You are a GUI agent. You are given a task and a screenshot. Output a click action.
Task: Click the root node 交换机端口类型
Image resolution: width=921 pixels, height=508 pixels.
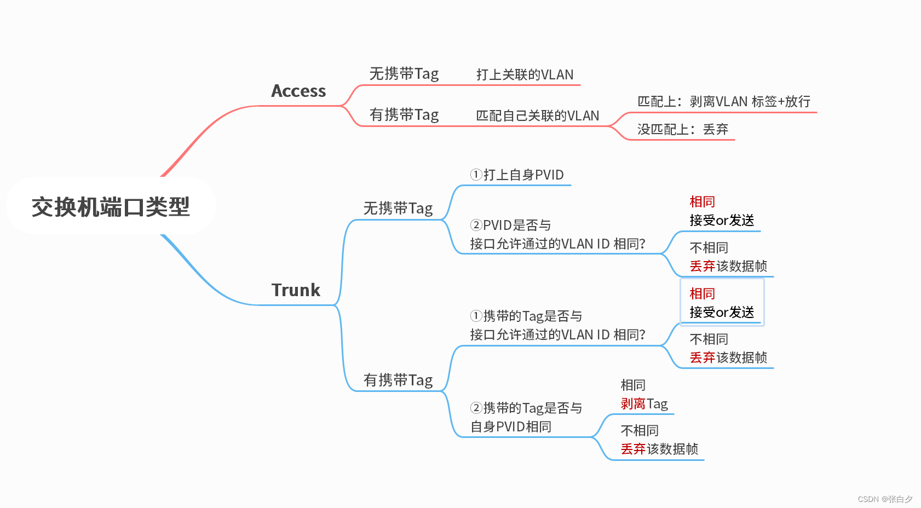tap(111, 207)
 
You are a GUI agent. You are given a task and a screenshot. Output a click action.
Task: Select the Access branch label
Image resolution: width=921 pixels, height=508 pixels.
tap(298, 91)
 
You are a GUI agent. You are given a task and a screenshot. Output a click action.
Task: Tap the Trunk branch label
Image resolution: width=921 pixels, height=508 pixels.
tap(296, 290)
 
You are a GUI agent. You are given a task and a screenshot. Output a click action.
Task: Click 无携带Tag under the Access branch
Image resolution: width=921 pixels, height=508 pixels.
tap(404, 74)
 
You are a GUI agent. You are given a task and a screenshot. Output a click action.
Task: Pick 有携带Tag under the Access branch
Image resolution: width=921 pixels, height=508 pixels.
tap(404, 115)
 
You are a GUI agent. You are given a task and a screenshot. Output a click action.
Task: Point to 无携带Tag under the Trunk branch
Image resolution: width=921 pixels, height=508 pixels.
tap(398, 209)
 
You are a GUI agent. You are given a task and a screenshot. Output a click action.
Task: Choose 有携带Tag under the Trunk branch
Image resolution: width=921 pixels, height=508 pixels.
tap(398, 380)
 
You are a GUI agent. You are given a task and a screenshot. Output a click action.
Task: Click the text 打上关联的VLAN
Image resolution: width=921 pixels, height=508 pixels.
tap(525, 75)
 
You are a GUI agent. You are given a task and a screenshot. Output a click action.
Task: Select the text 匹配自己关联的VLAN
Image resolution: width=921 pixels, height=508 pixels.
tap(537, 116)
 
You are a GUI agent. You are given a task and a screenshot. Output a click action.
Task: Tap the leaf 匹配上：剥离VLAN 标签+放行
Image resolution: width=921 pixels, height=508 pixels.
tap(723, 102)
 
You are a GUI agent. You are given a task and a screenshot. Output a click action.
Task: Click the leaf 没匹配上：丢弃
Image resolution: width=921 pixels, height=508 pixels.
tap(682, 130)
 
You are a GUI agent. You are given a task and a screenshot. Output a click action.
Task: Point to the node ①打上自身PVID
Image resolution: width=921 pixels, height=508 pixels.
tap(517, 175)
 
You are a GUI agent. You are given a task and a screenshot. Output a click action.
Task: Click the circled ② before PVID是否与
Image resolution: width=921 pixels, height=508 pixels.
tap(476, 225)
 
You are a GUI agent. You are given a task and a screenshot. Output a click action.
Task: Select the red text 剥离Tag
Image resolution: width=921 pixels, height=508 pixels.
tap(644, 404)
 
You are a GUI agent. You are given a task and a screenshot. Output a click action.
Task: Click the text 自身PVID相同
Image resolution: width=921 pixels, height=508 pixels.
tap(511, 427)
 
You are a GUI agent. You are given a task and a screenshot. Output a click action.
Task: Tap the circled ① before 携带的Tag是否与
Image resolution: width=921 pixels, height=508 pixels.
tap(476, 316)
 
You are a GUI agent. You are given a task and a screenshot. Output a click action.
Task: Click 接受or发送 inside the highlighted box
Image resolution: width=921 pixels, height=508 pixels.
tap(722, 313)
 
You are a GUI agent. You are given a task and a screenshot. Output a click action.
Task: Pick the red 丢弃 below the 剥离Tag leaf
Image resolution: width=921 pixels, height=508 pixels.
tap(633, 449)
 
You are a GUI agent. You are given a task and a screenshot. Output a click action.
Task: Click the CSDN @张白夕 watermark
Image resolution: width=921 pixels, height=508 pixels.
tap(885, 499)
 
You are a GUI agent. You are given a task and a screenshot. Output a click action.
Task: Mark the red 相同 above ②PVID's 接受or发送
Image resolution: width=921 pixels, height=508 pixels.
tap(702, 202)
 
